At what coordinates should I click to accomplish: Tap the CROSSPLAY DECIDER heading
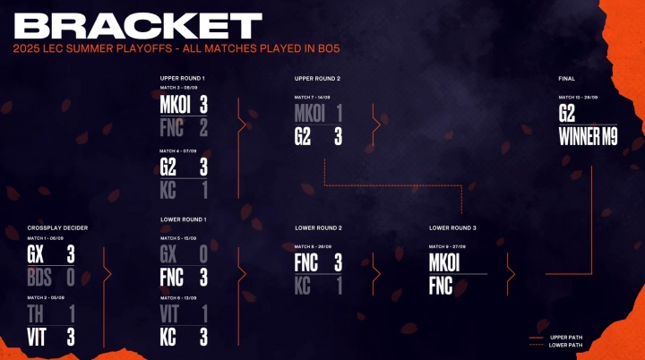(57, 227)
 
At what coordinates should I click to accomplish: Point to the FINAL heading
(568, 79)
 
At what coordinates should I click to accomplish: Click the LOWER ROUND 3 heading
(452, 227)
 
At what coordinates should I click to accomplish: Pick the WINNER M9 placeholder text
(588, 137)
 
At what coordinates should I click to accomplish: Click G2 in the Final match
(567, 114)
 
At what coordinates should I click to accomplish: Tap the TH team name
(36, 314)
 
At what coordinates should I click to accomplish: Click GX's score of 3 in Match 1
(71, 253)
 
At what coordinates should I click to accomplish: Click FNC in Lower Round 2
(307, 262)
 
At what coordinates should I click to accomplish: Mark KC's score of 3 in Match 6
(203, 337)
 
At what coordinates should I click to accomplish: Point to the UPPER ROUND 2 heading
(317, 79)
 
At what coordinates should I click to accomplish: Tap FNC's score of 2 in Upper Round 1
(203, 128)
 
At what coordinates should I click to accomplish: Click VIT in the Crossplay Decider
(37, 337)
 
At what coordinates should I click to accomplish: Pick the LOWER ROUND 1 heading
(183, 219)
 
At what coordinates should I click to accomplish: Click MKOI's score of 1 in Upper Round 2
(339, 114)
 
